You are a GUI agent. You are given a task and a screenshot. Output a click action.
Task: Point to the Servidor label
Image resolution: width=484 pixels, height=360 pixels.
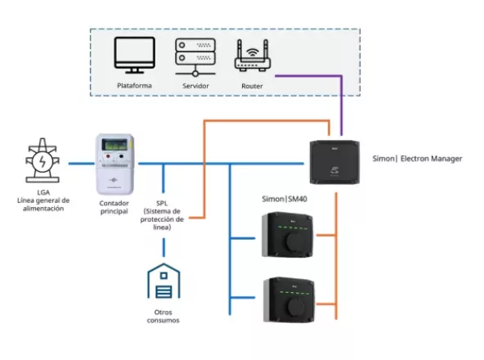195,85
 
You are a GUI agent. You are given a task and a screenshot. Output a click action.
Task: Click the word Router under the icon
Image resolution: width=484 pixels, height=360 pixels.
252,85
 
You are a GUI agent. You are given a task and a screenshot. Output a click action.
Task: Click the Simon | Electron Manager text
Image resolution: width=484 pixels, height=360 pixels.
416,157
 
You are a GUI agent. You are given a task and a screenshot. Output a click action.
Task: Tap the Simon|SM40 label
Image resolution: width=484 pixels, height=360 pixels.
286,199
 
